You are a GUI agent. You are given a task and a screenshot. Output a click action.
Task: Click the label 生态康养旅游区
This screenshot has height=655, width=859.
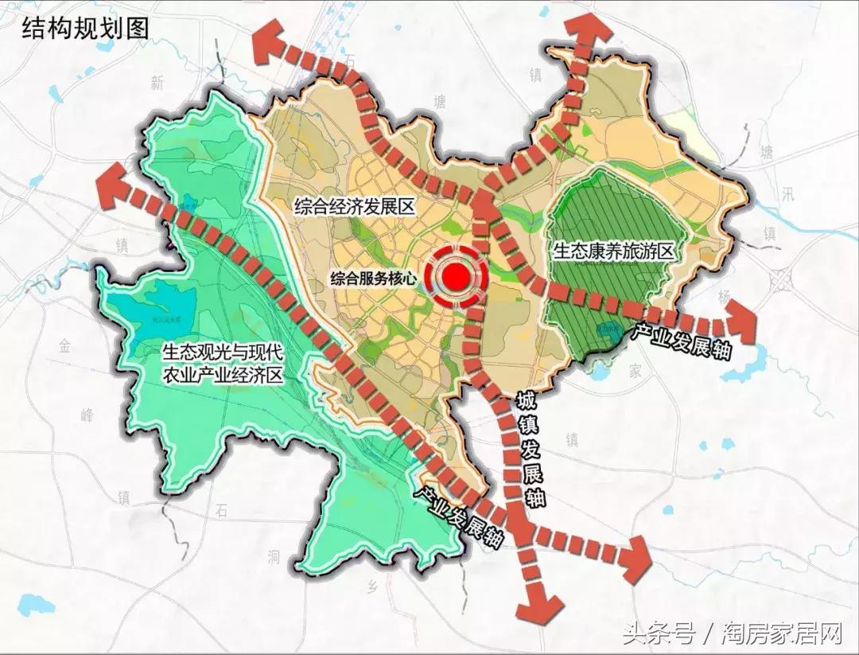point(613,251)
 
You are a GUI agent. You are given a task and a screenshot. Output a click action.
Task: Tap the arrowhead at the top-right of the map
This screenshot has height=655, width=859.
point(589,34)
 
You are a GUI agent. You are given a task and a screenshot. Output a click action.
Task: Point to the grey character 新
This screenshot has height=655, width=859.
point(157,82)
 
